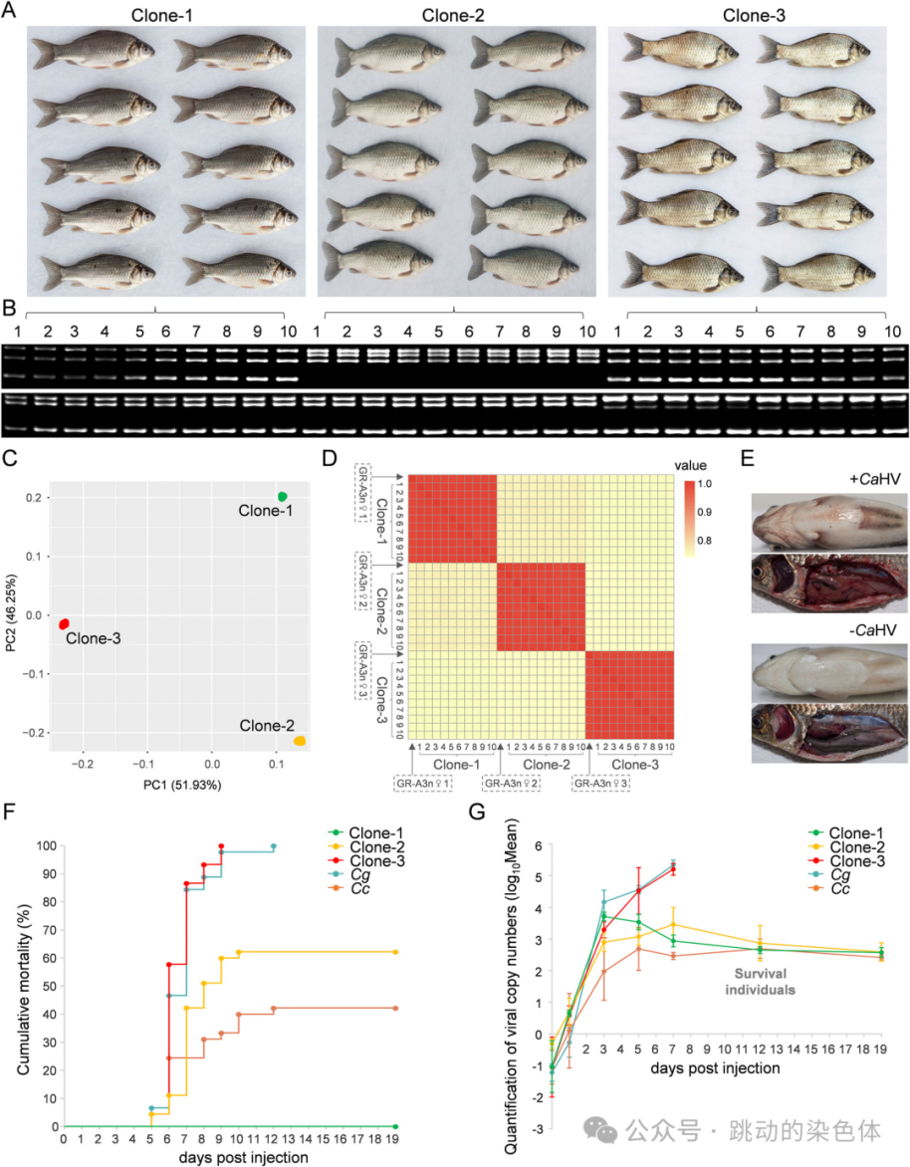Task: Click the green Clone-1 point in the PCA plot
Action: (x=283, y=496)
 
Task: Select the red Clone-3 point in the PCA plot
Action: (x=64, y=622)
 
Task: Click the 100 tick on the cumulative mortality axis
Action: (x=46, y=845)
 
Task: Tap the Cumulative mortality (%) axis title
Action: (x=23, y=986)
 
